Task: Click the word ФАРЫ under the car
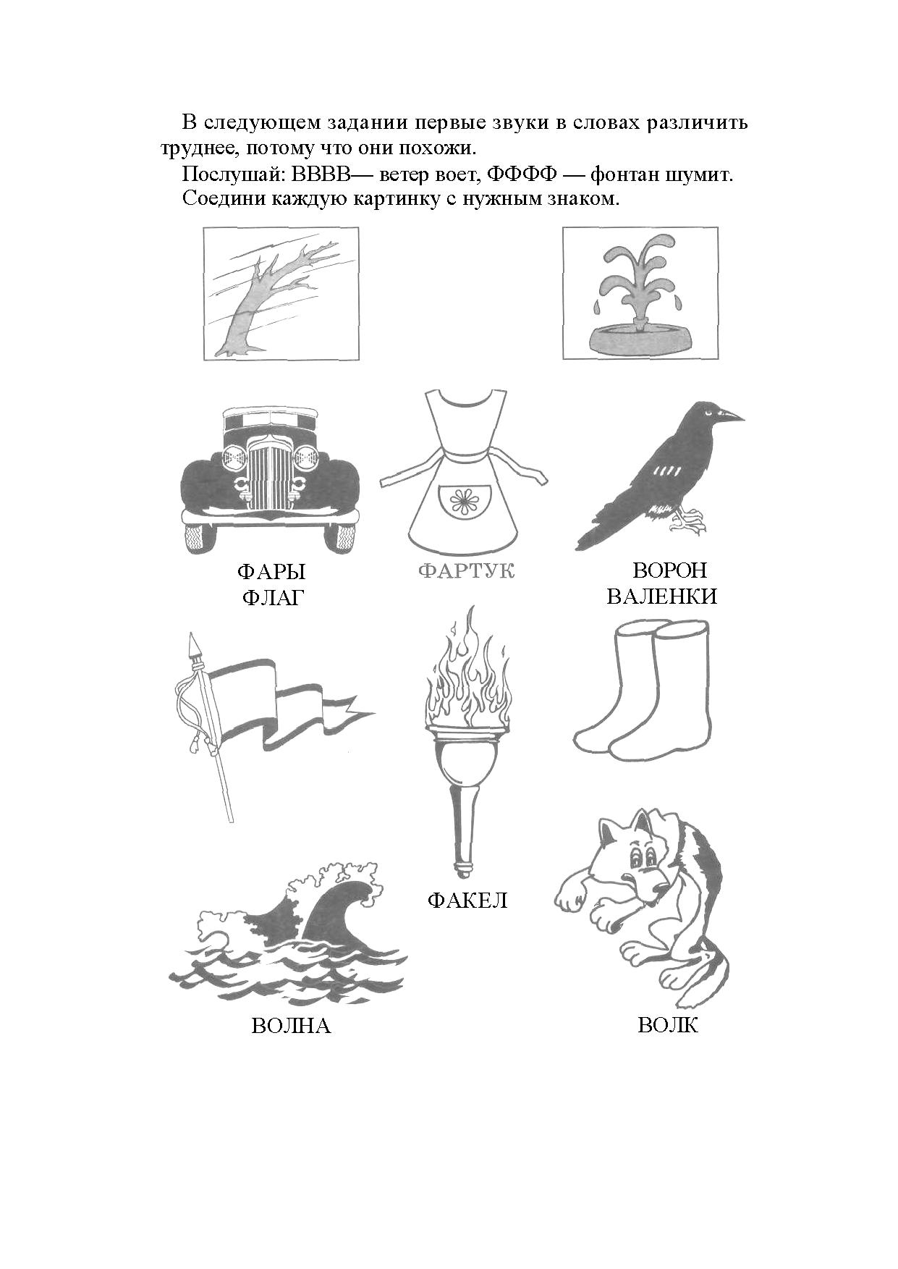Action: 271,572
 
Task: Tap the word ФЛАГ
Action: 271,598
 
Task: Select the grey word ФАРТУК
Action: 467,571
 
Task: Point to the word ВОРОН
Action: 669,570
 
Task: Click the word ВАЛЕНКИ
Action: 662,596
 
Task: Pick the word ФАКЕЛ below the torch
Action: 467,901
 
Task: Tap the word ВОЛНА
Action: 291,1026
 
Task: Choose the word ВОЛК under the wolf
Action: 668,1025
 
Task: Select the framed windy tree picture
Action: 281,293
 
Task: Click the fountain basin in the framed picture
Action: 640,336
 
